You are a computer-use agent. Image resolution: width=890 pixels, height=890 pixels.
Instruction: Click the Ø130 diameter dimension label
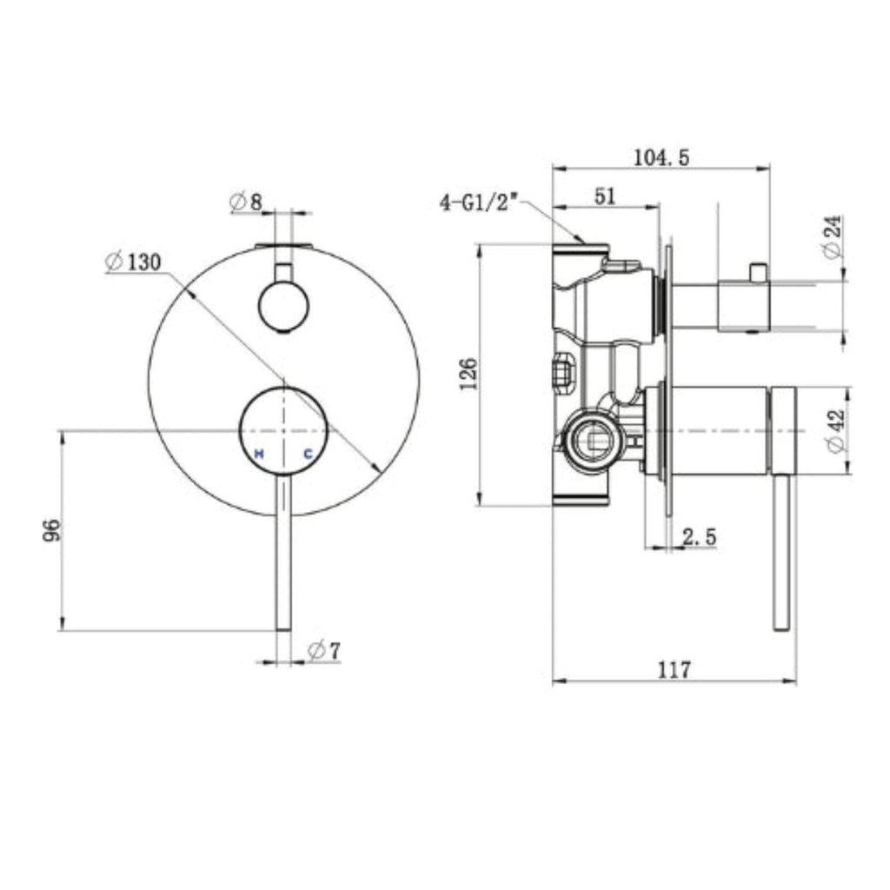pyautogui.click(x=134, y=261)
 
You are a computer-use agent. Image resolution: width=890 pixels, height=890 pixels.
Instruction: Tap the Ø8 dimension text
pyautogui.click(x=246, y=203)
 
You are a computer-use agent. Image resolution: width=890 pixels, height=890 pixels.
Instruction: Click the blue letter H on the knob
pyautogui.click(x=258, y=453)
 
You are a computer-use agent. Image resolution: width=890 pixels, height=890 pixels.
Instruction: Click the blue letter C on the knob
pyautogui.click(x=308, y=453)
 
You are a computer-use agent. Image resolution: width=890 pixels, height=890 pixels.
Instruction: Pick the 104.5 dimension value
pyautogui.click(x=661, y=157)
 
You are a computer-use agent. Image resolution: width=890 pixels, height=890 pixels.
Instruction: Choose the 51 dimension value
pyautogui.click(x=605, y=196)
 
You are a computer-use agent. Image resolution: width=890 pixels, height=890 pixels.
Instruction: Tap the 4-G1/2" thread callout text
pyautogui.click(x=479, y=204)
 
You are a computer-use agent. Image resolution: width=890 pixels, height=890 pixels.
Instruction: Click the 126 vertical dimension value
pyautogui.click(x=468, y=374)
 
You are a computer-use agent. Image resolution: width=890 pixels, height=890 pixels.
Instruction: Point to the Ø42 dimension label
pyautogui.click(x=835, y=431)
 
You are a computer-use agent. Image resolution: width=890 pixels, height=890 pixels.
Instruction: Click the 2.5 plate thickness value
pyautogui.click(x=700, y=538)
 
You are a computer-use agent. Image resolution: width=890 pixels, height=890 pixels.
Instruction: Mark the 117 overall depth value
pyautogui.click(x=674, y=669)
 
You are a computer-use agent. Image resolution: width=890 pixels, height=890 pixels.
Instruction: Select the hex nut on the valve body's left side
pyautogui.click(x=561, y=372)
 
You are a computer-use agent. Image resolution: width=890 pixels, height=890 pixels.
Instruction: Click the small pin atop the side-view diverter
pyautogui.click(x=758, y=272)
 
